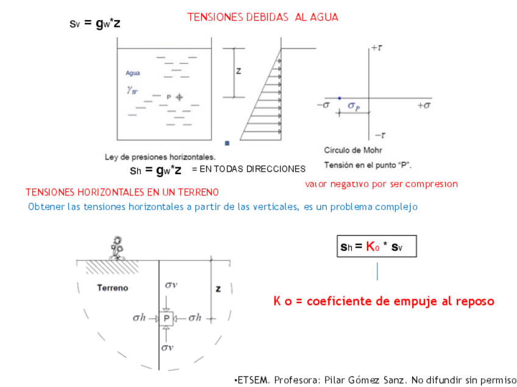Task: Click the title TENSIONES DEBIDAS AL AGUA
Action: (262, 18)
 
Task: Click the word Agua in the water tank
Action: (133, 73)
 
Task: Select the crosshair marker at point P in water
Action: (179, 97)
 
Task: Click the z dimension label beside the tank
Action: (238, 71)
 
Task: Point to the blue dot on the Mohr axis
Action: (340, 98)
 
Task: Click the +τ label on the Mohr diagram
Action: (376, 47)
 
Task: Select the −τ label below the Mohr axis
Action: (379, 135)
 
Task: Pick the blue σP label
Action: (354, 106)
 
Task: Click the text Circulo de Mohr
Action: (353, 150)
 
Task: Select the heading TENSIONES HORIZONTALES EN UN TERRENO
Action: (122, 192)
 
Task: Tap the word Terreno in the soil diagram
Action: (113, 288)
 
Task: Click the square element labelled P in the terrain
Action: (166, 318)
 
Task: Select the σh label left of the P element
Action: (140, 318)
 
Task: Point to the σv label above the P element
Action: (171, 285)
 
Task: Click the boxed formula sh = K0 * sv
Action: (376, 247)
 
